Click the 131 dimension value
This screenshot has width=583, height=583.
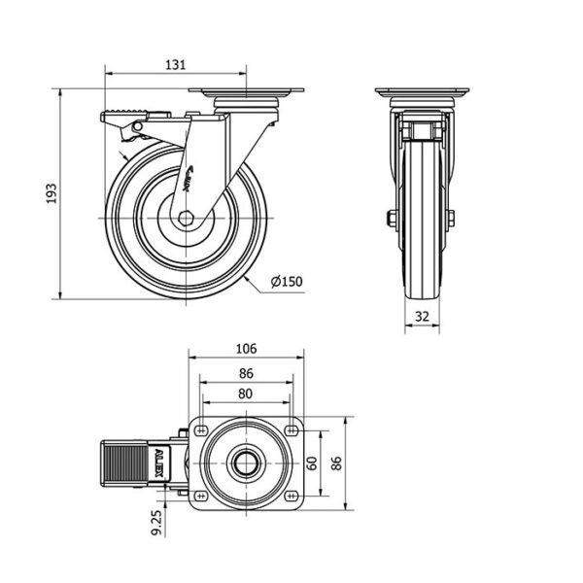coord(175,65)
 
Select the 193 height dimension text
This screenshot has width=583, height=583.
coord(51,193)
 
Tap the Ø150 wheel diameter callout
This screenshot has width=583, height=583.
coord(287,282)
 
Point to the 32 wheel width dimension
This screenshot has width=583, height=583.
coord(422,317)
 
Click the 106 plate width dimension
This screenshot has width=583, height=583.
coord(246,349)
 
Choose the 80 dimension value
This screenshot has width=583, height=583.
coord(246,394)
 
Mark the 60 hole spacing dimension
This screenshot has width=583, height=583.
coord(312,463)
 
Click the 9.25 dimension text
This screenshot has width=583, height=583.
coord(157,523)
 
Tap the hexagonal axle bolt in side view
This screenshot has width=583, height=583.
coord(185,219)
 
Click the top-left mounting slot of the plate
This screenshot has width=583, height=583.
coord(201,430)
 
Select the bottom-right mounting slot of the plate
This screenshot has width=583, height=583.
coord(291,496)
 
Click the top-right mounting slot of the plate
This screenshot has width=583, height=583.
coord(291,430)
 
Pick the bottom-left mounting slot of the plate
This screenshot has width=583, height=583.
coord(201,496)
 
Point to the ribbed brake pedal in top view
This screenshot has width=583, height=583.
coord(125,463)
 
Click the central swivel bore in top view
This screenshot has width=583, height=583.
coord(246,463)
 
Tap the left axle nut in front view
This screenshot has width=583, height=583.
coord(392,219)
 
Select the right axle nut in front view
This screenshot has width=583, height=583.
coord(451,219)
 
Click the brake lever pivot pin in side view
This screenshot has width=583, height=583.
coord(137,126)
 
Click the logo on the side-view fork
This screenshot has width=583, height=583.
coord(187,179)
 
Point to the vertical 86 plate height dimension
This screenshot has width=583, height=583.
coord(336,463)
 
